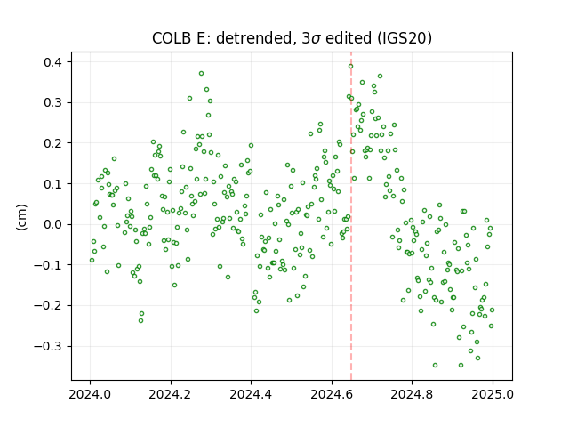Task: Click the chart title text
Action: point(292,38)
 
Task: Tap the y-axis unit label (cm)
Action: point(21,217)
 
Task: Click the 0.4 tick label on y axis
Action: point(53,62)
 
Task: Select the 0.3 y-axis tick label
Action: point(53,103)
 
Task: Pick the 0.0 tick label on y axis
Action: point(53,224)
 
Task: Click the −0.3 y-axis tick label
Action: point(48,346)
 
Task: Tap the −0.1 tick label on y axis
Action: point(48,265)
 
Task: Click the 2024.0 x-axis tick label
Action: point(90,394)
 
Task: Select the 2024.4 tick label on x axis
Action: point(251,394)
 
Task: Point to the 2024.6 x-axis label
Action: point(332,394)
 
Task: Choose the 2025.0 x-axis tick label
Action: point(493,394)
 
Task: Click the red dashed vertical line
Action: point(351,216)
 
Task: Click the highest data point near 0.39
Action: point(350,67)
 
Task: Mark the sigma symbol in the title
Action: point(316,39)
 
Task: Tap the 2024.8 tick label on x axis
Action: point(412,394)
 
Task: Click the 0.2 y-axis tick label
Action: point(53,143)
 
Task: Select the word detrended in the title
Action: point(253,38)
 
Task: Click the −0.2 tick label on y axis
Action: point(48,306)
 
